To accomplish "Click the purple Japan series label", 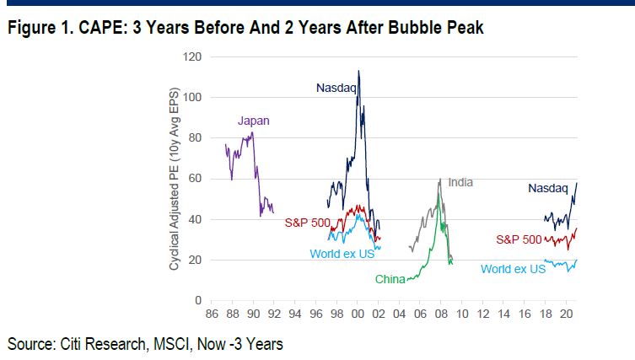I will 253,121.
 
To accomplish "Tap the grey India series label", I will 460,182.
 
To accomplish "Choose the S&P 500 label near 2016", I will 519,239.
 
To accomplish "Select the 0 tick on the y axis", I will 200,300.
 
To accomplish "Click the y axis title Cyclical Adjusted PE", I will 175,179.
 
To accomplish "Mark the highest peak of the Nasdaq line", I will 358,71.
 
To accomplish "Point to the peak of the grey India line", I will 440,179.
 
